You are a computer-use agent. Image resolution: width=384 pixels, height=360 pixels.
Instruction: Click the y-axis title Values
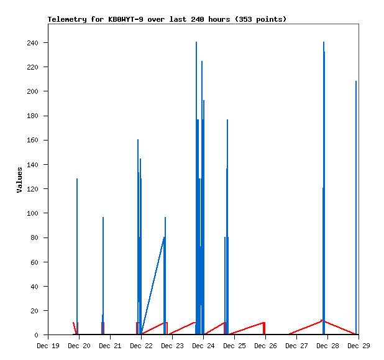(19, 180)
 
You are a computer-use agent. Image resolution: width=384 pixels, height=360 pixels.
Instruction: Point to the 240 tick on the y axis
(32, 43)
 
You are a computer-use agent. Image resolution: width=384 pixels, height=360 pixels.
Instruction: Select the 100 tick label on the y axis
(32, 213)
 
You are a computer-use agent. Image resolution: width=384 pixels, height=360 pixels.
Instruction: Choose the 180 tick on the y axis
(32, 116)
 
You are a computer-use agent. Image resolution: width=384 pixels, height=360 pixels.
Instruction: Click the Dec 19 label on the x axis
(48, 346)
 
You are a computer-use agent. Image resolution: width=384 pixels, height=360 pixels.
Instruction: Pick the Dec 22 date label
(141, 346)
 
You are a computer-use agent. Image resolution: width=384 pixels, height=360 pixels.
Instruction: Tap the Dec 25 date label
(234, 346)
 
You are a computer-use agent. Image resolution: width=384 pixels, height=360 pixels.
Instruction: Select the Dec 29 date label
(359, 346)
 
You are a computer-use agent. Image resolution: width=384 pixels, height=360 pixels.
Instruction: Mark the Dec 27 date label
(296, 346)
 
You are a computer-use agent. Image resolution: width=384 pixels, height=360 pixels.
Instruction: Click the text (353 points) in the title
(259, 19)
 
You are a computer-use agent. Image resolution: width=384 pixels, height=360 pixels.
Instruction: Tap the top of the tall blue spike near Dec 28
(324, 43)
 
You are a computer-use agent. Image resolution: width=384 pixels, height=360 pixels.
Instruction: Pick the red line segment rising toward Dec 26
(249, 328)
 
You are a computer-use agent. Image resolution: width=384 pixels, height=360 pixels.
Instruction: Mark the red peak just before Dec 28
(322, 320)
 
